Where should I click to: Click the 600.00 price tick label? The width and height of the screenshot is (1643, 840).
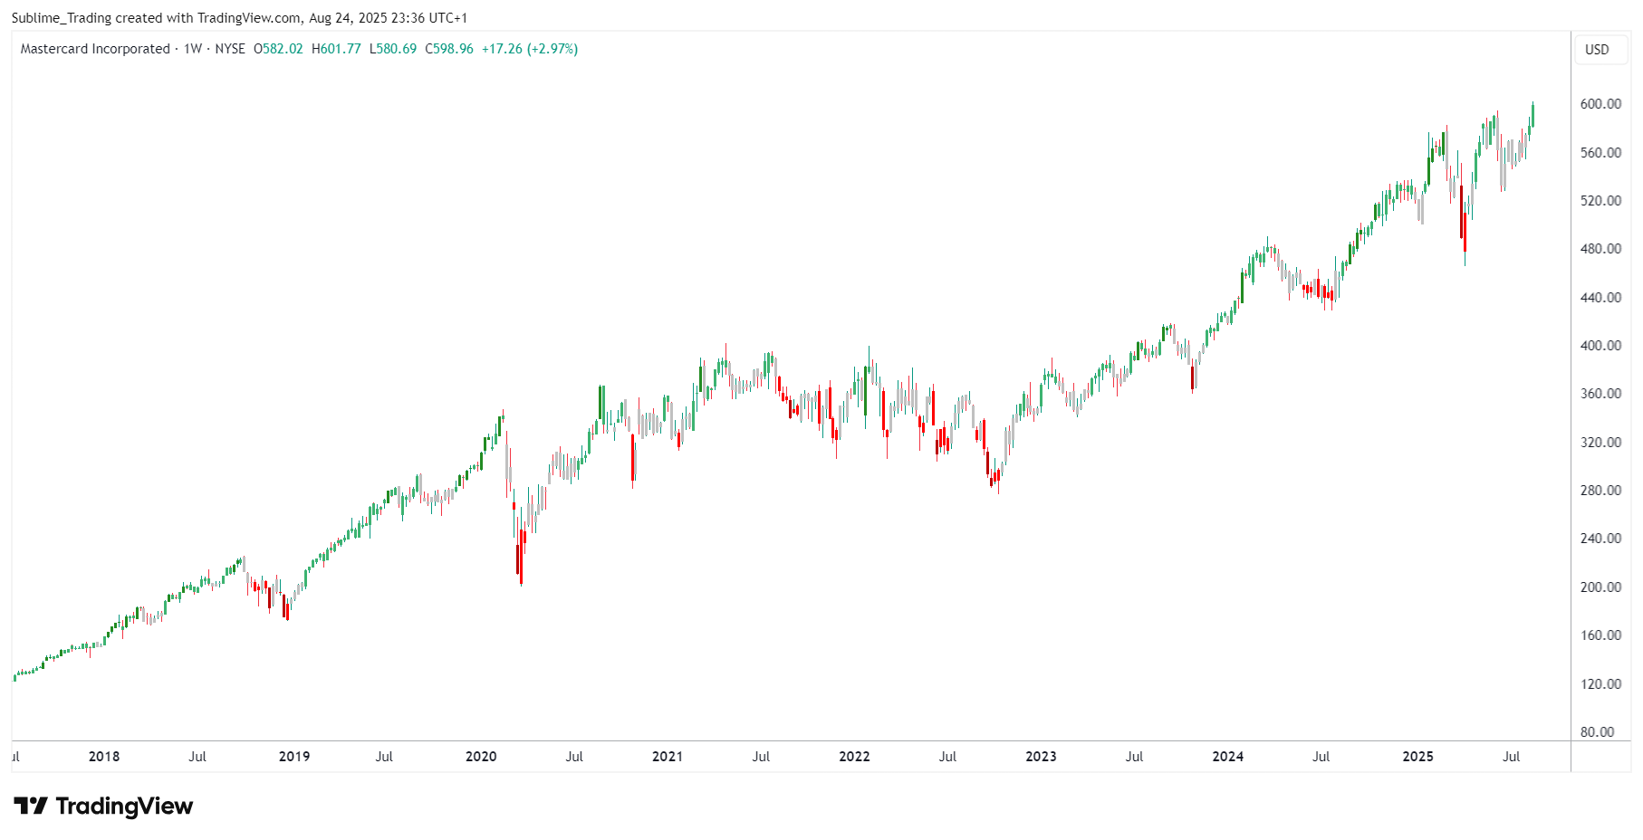pyautogui.click(x=1600, y=104)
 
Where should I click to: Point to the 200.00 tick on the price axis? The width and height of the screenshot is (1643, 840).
pyautogui.click(x=1600, y=587)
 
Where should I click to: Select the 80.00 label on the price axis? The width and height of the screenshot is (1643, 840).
pyautogui.click(x=1597, y=731)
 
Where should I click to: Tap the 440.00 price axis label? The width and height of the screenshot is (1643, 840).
pyautogui.click(x=1600, y=297)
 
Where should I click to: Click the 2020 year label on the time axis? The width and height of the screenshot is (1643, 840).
pyautogui.click(x=481, y=757)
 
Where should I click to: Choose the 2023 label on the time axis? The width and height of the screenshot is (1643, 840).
pyautogui.click(x=1041, y=757)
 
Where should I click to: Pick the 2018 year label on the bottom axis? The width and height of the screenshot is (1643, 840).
pyautogui.click(x=104, y=757)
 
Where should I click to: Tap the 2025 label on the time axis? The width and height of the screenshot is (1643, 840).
pyautogui.click(x=1417, y=757)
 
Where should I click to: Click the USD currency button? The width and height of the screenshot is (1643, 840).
pyautogui.click(x=1597, y=50)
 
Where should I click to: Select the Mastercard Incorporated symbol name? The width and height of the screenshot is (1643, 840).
pyautogui.click(x=95, y=49)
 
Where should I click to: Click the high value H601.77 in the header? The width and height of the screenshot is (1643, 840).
pyautogui.click(x=336, y=49)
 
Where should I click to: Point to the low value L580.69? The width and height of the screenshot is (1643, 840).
pyautogui.click(x=393, y=49)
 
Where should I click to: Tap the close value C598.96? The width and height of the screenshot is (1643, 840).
pyautogui.click(x=449, y=49)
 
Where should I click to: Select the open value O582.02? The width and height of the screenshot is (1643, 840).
pyautogui.click(x=278, y=49)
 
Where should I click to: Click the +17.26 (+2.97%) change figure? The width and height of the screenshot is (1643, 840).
pyautogui.click(x=530, y=49)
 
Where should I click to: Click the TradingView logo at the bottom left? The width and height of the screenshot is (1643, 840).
pyautogui.click(x=103, y=806)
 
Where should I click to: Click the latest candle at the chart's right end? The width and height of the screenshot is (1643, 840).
pyautogui.click(x=1533, y=115)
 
